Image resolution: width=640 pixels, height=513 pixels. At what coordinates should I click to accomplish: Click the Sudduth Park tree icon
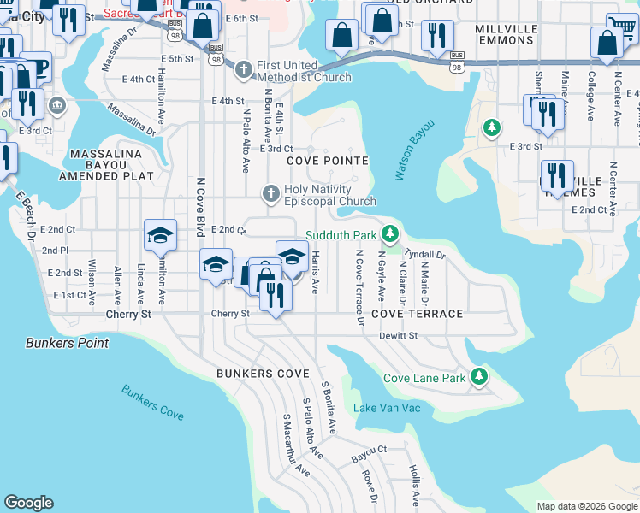[x=390, y=233]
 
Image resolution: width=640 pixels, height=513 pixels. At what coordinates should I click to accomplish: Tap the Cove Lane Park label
[x=424, y=378]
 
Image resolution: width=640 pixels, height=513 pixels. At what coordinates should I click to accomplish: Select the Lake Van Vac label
[x=387, y=408]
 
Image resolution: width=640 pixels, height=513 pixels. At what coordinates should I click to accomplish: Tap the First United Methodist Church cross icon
[x=243, y=68]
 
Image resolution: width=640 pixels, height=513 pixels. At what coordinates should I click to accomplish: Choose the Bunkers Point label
[x=67, y=343]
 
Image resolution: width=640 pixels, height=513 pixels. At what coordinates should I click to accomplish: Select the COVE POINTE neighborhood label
[x=328, y=161]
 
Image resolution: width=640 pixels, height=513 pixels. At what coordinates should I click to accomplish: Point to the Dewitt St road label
[x=399, y=336]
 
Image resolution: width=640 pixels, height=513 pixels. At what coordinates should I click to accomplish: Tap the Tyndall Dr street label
[x=424, y=255]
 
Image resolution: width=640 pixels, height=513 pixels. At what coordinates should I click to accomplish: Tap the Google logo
[x=29, y=503]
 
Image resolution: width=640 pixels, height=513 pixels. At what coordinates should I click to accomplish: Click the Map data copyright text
[x=586, y=506]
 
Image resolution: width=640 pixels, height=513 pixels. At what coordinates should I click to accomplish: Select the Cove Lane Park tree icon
[x=480, y=376]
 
